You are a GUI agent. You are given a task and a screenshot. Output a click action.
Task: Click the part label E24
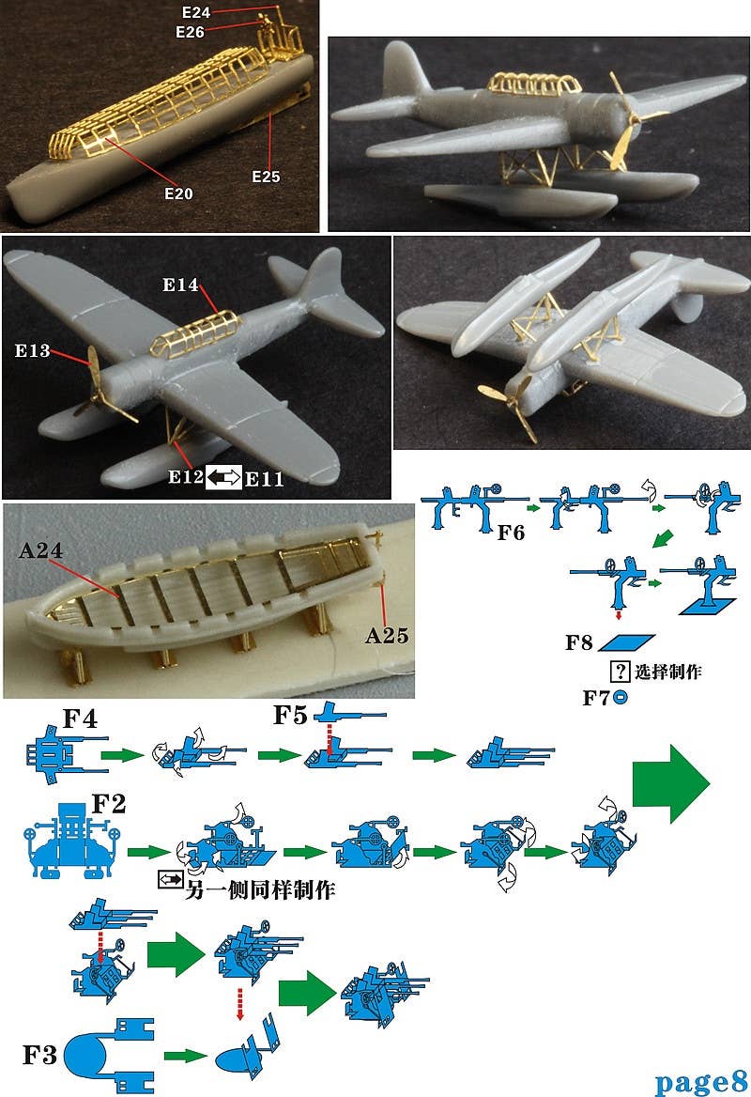coord(197,12)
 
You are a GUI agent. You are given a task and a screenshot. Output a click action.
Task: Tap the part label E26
coord(191,32)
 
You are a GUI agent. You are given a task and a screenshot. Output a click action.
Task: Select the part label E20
coord(177,193)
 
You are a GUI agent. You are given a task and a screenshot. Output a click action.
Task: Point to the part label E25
coord(266,176)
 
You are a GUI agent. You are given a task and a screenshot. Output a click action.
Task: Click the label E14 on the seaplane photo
coord(181,285)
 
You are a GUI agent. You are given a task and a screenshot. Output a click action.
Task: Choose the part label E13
coord(32,351)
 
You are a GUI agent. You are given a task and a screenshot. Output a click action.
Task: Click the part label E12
coord(186,477)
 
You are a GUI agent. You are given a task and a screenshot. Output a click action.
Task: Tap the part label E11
coord(264,478)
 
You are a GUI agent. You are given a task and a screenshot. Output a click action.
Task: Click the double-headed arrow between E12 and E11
coord(224,477)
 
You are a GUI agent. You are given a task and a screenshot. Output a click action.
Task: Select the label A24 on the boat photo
coord(41,551)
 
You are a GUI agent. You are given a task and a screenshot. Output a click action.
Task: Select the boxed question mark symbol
coord(620,672)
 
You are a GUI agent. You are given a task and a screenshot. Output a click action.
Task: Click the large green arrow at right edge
coord(672,778)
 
